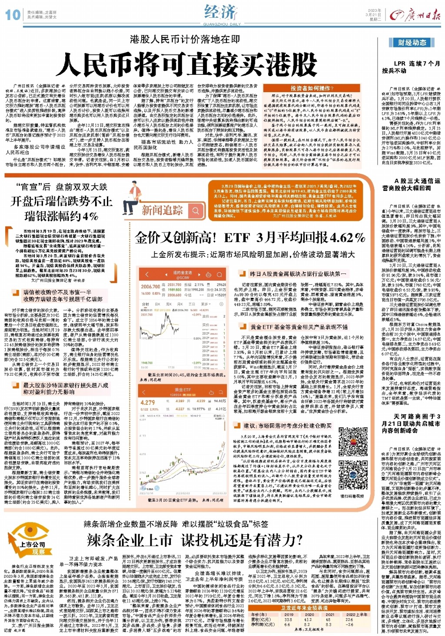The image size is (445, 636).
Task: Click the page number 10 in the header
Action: pyautogui.click(x=13, y=15)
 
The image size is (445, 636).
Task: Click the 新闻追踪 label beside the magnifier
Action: pyautogui.click(x=162, y=210)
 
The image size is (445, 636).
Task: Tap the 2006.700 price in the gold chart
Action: pyautogui.click(x=150, y=286)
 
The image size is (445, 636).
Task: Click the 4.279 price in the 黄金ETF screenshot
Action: pyautogui.click(x=148, y=403)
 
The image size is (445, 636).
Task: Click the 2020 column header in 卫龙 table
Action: pyautogui.click(x=309, y=615)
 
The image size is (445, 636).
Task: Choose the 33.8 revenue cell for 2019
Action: pyautogui.click(x=288, y=620)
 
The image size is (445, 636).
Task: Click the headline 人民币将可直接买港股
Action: pyautogui.click(x=186, y=65)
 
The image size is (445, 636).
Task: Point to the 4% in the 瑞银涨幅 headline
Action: pyautogui.click(x=90, y=216)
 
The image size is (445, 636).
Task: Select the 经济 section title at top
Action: pyautogui.click(x=221, y=12)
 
